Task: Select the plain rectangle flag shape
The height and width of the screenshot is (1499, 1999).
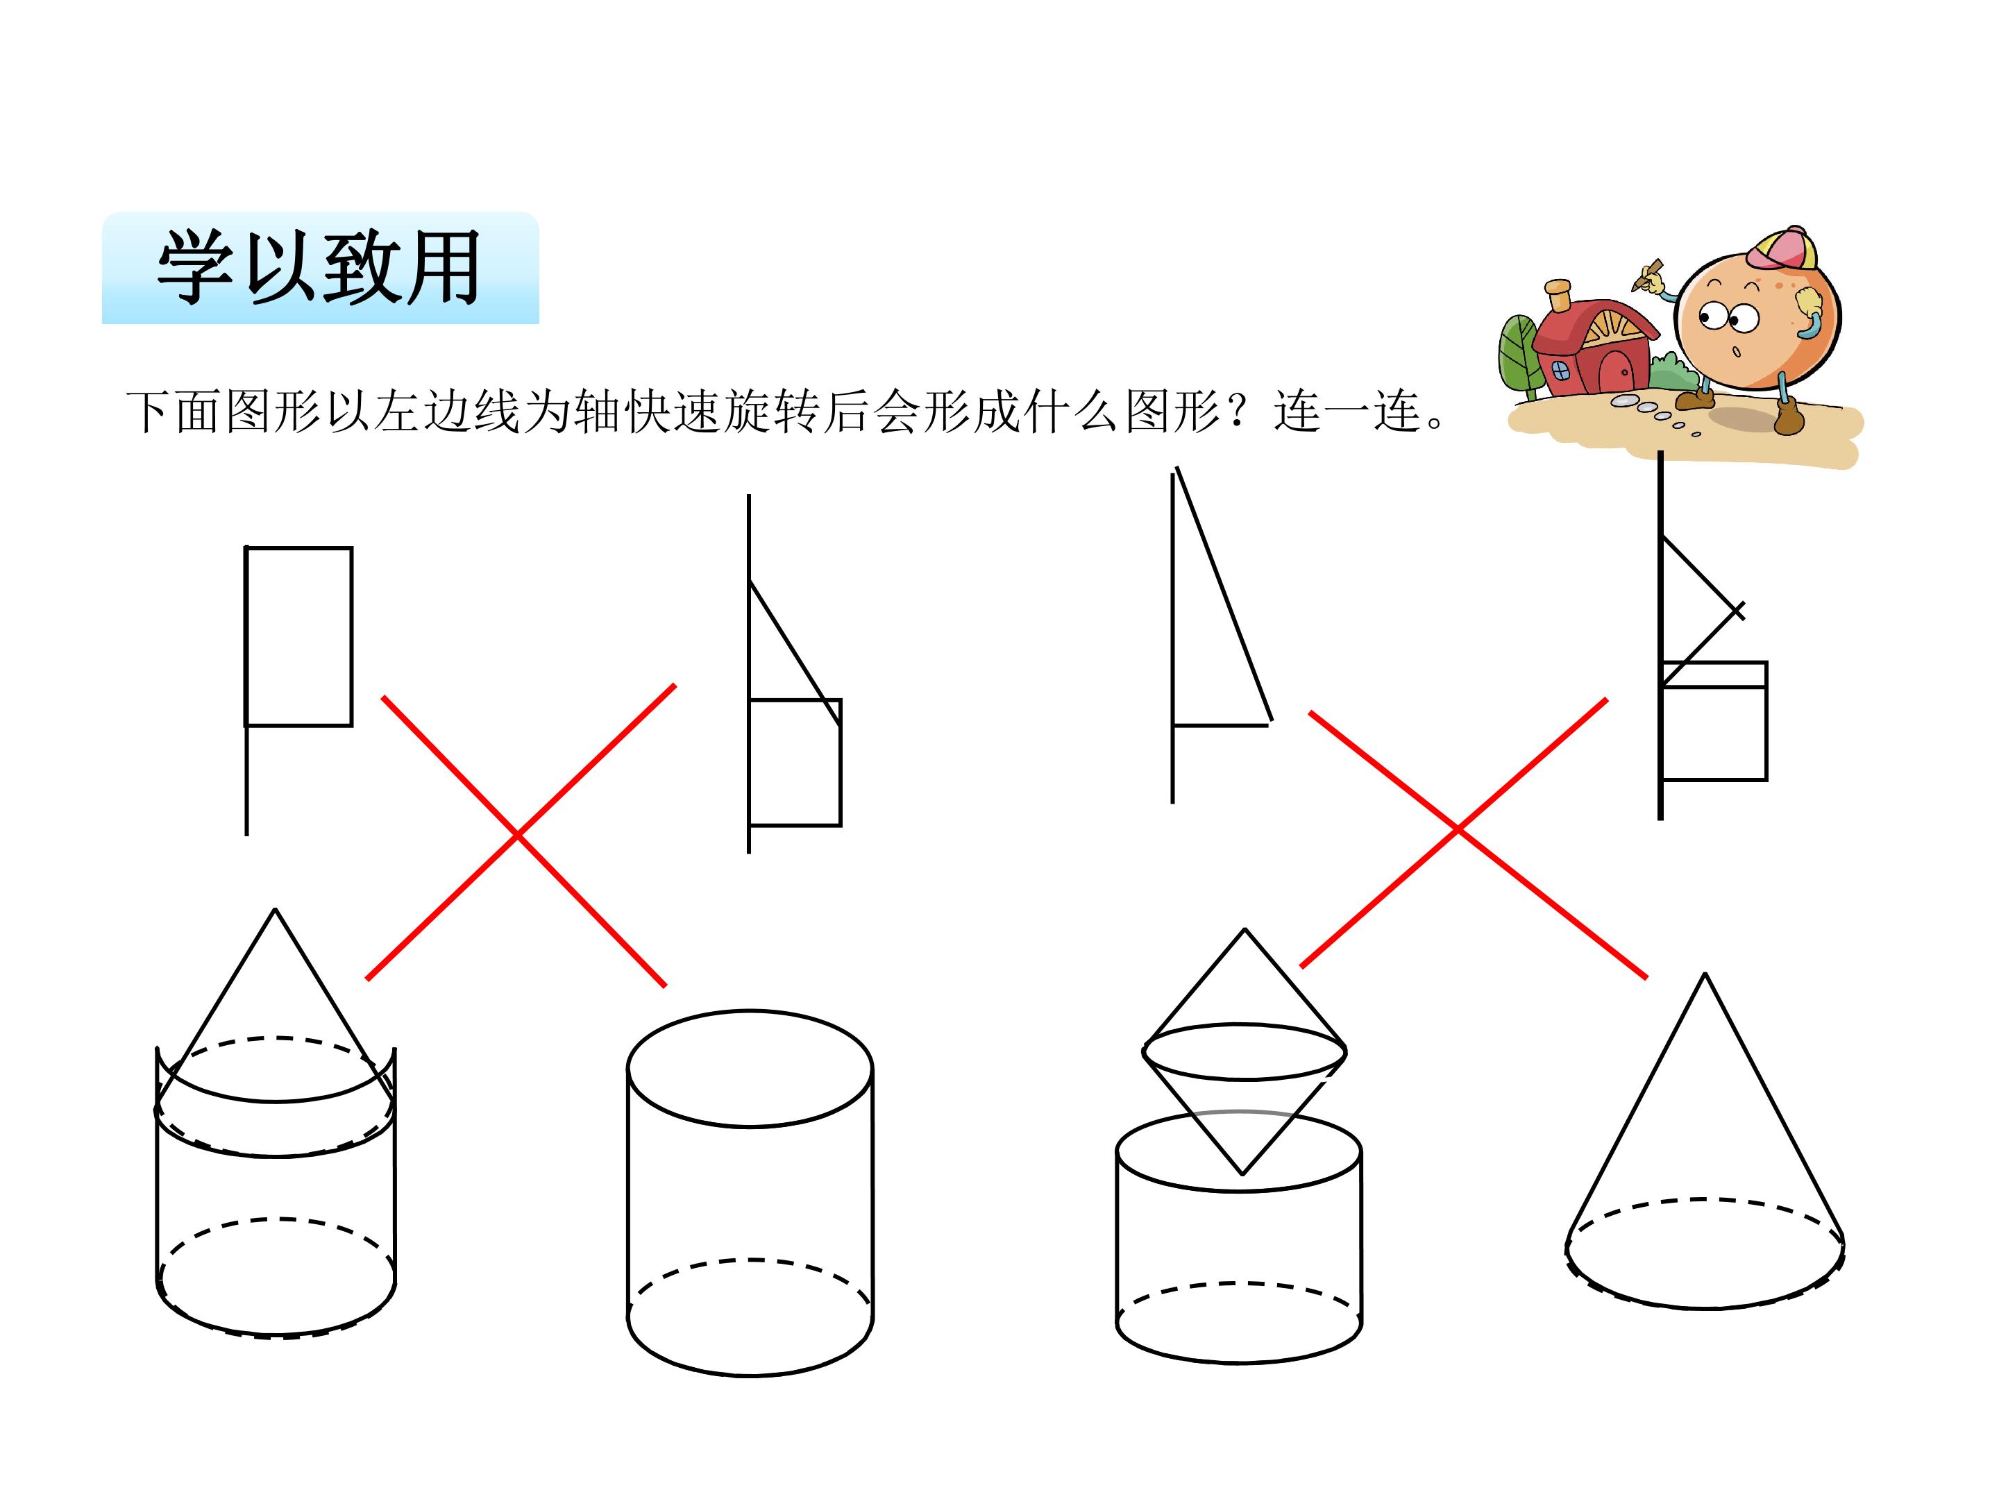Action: [x=298, y=636]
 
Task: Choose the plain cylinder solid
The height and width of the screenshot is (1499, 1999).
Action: [x=750, y=1193]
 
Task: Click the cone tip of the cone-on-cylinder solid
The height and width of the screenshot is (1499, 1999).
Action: [x=276, y=910]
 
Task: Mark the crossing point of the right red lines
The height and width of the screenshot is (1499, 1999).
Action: [x=1458, y=829]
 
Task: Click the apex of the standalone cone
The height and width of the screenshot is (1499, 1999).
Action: [x=1705, y=974]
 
